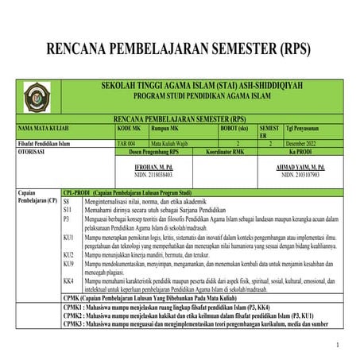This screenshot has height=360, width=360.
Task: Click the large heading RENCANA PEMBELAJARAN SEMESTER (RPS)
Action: (180, 49)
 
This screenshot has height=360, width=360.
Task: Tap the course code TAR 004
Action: (127, 144)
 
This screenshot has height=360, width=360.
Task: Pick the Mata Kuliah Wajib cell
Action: (171, 144)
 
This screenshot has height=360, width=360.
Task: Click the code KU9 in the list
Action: (68, 263)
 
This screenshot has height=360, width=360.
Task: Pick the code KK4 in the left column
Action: (68, 281)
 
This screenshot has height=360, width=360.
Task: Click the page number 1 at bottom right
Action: (337, 344)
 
